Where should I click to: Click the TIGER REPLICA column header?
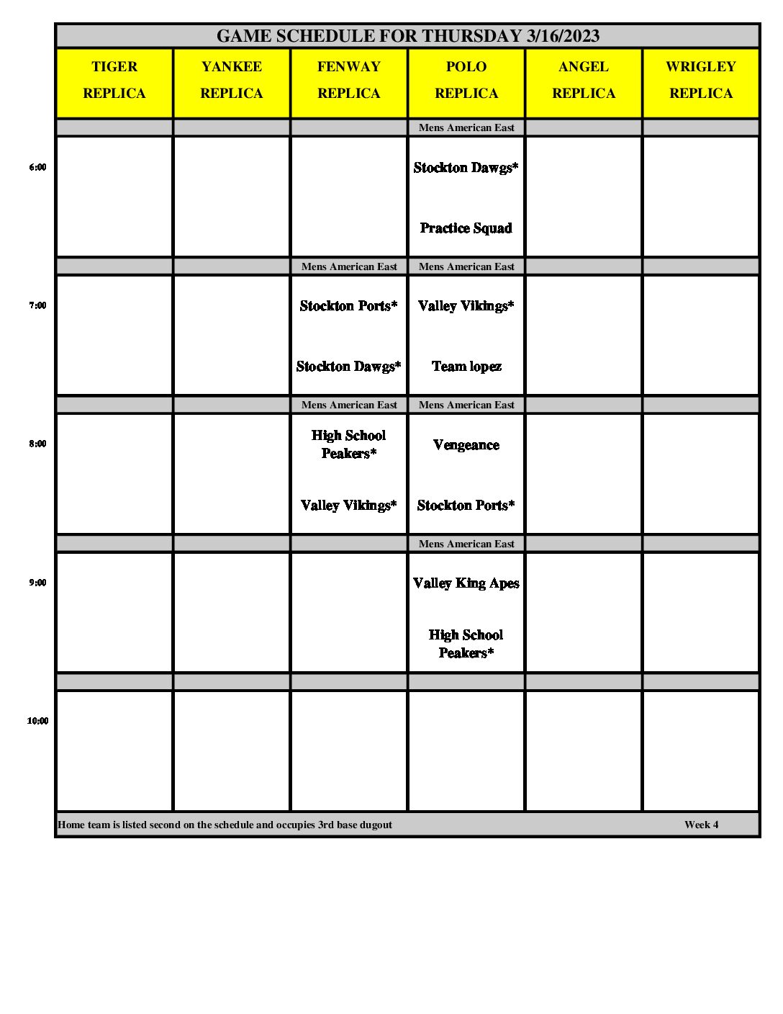point(114,80)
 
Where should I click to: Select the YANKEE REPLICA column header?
point(232,80)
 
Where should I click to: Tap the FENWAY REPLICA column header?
point(349,80)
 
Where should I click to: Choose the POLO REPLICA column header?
point(466,80)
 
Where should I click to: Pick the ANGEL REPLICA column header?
point(584,80)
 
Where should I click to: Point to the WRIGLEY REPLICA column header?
point(701,80)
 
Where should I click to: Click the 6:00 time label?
point(37,167)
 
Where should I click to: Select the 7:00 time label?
point(37,305)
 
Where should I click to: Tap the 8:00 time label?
point(37,444)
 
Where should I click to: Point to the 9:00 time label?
point(37,583)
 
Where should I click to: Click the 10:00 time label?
point(37,721)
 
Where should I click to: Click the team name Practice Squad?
point(466,228)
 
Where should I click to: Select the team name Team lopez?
point(466,367)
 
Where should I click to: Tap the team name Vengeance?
point(466,445)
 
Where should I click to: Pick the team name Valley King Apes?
point(466,583)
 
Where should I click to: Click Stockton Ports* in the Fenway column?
point(349,306)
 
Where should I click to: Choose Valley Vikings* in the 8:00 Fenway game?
point(349,506)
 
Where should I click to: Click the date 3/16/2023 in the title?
point(563,36)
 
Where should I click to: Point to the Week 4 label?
point(701,825)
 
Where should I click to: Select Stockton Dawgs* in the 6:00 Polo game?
point(466,168)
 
